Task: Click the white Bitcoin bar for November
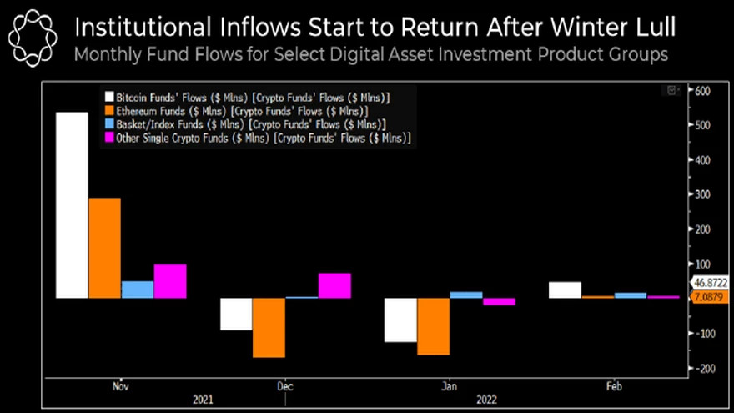[72, 205]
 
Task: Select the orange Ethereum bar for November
[104, 248]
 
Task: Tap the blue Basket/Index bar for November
[138, 290]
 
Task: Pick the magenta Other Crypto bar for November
[170, 281]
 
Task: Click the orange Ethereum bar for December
[269, 327]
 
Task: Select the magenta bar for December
[334, 285]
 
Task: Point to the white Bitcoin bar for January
[400, 320]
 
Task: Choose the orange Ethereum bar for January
[434, 326]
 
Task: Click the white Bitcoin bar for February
[566, 290]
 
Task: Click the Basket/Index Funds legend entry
[242, 123]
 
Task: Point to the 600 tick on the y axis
[701, 91]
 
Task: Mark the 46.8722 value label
[711, 284]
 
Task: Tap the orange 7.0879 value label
[711, 297]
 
